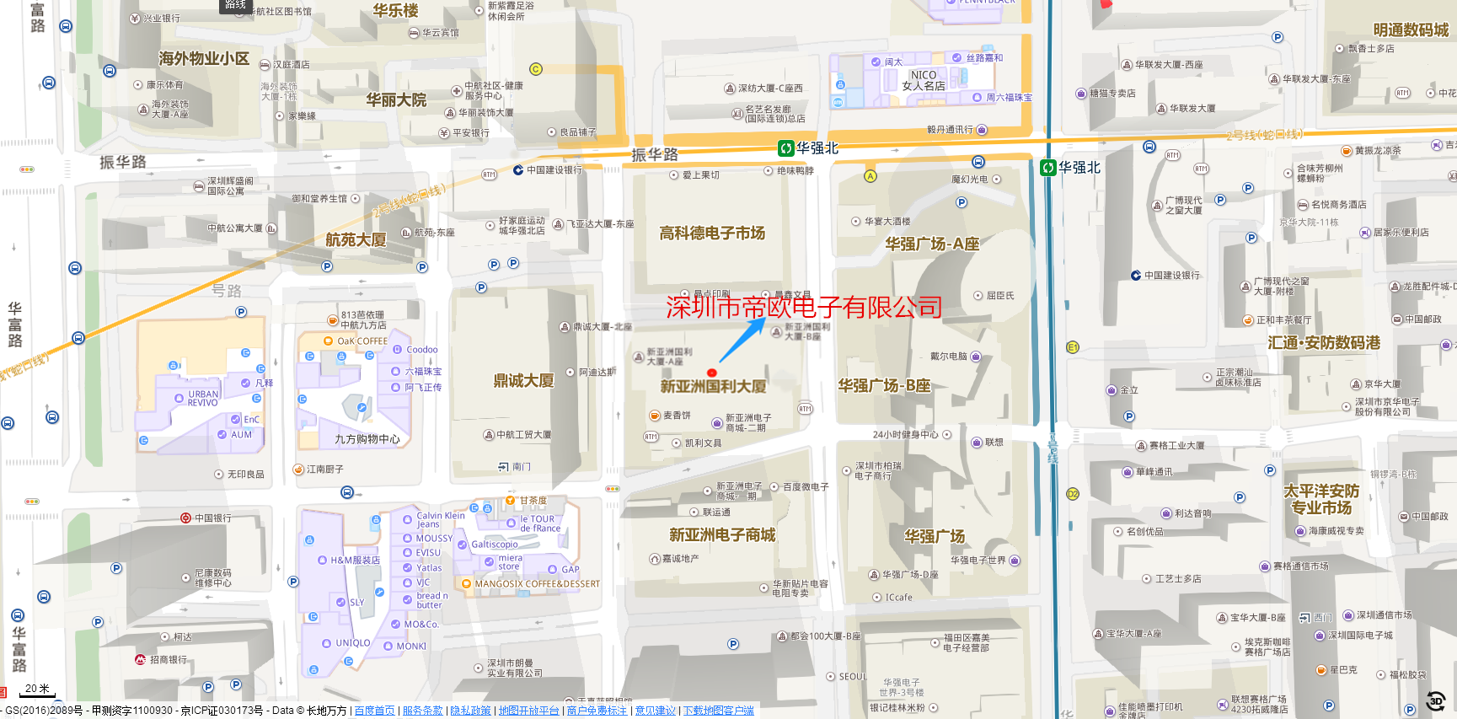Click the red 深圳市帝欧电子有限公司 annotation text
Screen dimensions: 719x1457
click(804, 307)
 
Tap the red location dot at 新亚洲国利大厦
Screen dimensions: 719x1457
click(712, 373)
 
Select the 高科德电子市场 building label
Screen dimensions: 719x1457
click(712, 233)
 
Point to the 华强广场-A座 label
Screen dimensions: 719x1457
click(932, 244)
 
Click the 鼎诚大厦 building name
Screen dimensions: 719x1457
click(523, 380)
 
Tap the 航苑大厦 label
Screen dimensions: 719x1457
click(356, 239)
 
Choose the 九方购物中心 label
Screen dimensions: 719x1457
click(367, 439)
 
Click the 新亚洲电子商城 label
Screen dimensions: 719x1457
click(722, 534)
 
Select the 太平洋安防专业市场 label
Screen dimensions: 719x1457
click(1321, 499)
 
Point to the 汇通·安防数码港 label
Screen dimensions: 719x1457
click(1324, 342)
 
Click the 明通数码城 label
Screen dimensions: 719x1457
click(1411, 30)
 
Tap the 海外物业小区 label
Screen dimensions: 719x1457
click(204, 58)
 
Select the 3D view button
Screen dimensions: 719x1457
click(1436, 700)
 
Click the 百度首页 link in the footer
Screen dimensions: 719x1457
click(374, 711)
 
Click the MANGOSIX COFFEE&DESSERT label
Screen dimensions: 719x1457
click(537, 583)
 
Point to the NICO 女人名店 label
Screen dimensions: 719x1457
click(924, 80)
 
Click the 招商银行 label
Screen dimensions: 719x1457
click(168, 659)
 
